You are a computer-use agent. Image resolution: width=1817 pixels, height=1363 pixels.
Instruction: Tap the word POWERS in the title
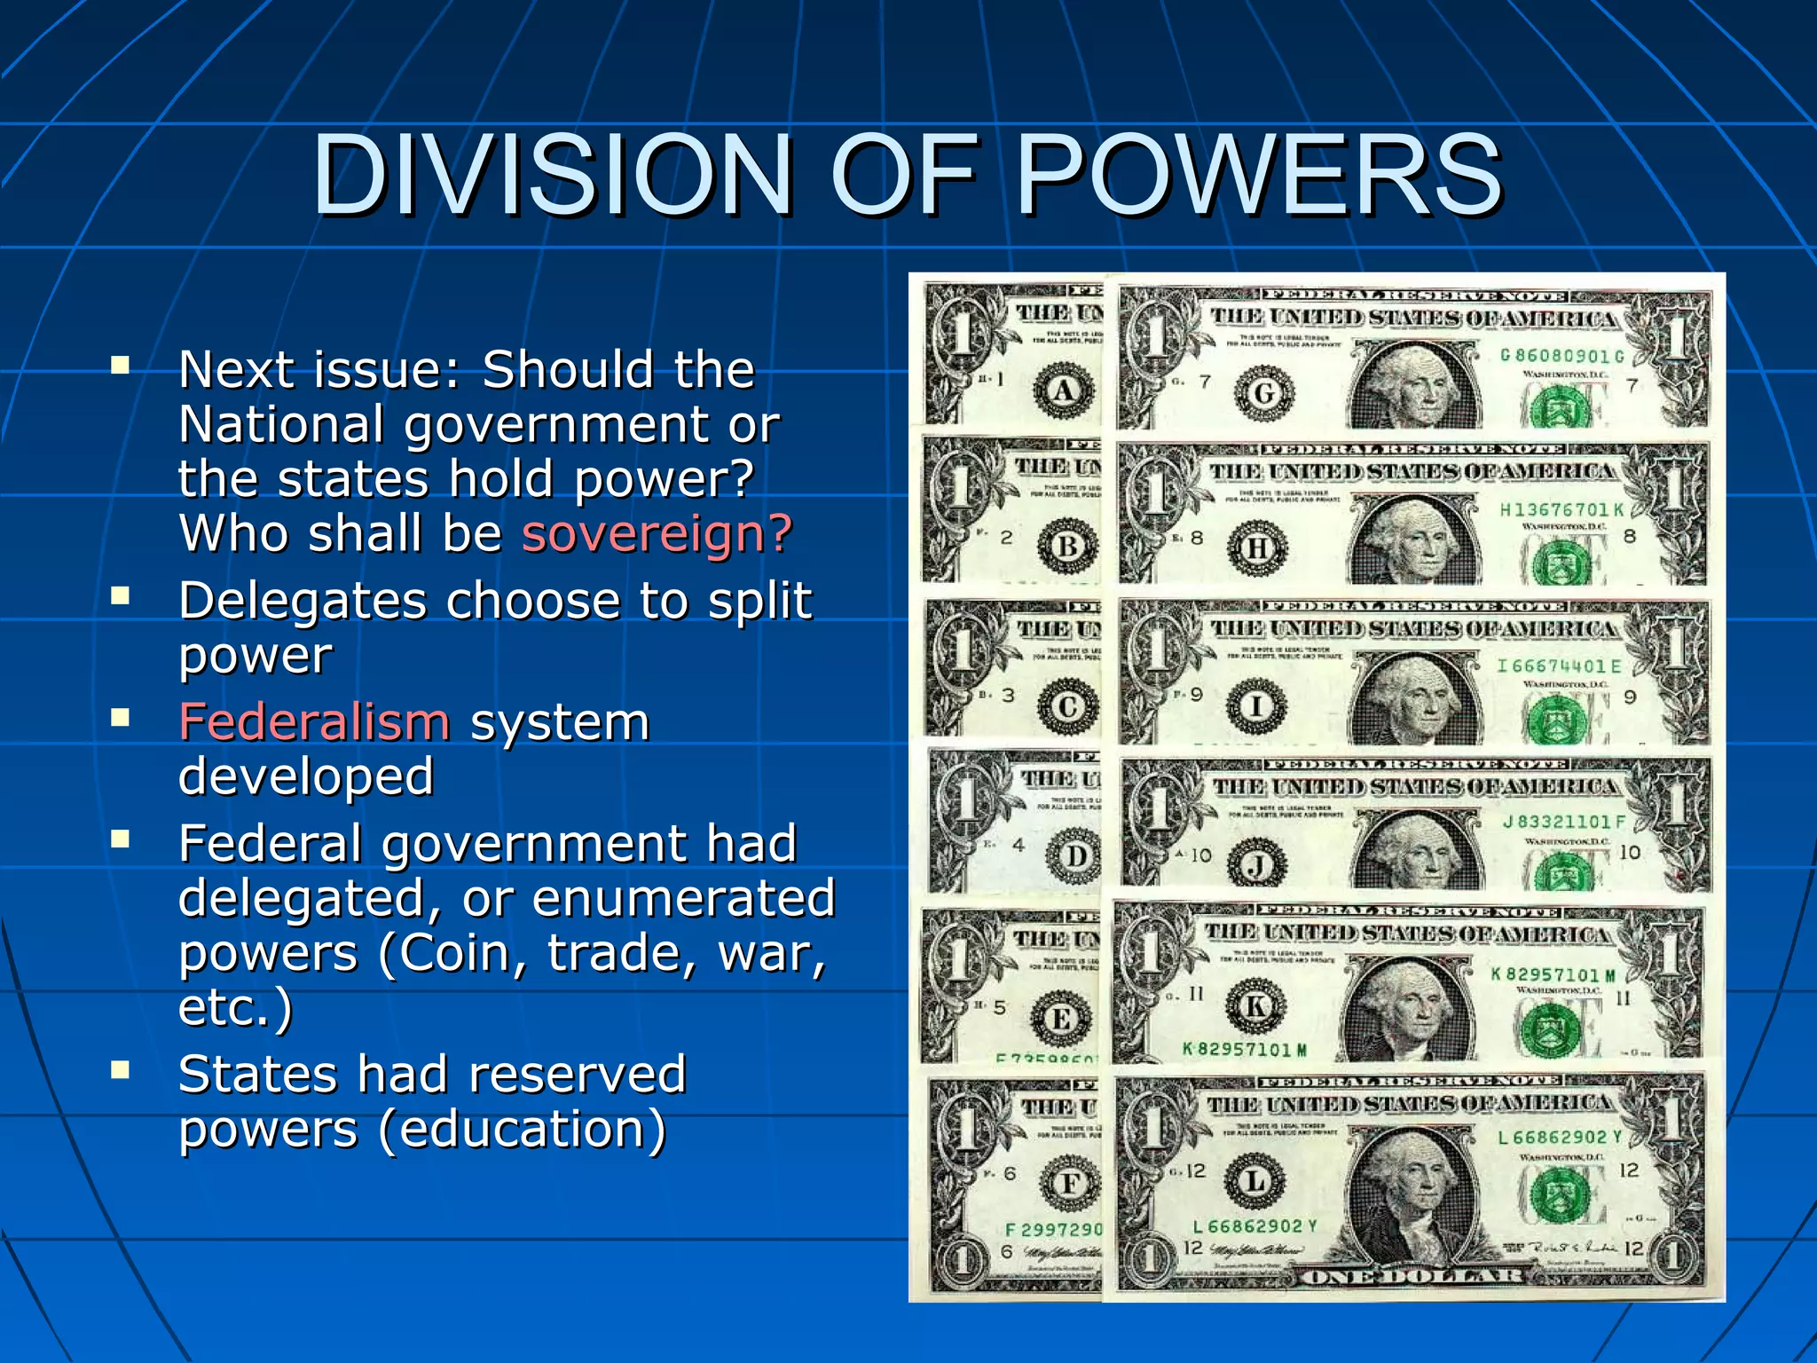(1258, 175)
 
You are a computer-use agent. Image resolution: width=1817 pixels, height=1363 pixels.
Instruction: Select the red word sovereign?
(657, 533)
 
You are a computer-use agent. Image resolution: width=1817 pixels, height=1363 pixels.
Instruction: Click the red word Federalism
(315, 721)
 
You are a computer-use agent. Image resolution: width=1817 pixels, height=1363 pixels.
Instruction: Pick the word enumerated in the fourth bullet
(684, 897)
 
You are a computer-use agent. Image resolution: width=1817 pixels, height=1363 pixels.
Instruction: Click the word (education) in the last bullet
(523, 1129)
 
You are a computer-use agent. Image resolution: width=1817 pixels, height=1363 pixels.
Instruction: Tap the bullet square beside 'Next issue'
(121, 365)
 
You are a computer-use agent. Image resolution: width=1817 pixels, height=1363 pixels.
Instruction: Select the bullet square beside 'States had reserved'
(121, 1069)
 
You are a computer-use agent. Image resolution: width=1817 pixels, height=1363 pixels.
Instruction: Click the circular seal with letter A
(1064, 390)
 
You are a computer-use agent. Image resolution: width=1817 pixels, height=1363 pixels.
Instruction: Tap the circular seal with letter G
(1264, 392)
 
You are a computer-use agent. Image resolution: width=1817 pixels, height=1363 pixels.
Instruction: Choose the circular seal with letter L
(1255, 1181)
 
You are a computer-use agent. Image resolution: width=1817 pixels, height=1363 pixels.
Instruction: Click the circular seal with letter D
(1076, 856)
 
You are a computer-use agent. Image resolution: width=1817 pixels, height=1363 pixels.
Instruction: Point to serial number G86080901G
(1561, 356)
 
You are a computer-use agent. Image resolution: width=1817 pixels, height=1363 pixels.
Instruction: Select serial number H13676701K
(1561, 509)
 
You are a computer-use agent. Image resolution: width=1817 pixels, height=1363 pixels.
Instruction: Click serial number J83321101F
(1563, 822)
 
